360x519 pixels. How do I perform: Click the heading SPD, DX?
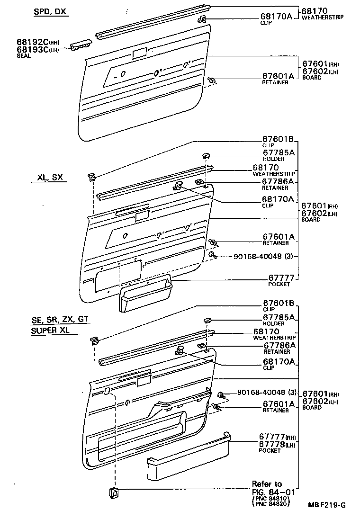pos(50,11)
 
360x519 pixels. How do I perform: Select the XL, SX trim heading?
pos(51,178)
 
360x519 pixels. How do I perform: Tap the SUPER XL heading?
pos(50,331)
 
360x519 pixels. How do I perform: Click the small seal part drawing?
pos(81,45)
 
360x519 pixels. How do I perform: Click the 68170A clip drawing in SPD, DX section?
pos(202,19)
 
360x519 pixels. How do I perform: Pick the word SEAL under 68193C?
pos(23,55)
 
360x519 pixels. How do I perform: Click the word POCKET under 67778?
pos(269,451)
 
